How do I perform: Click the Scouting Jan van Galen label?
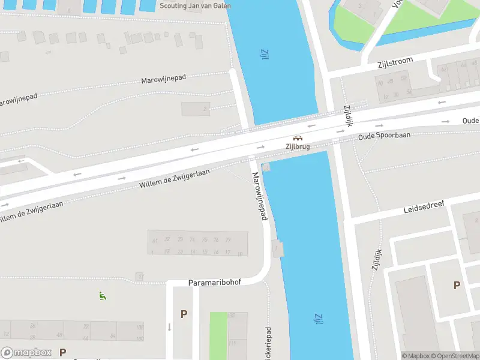[x=196, y=5]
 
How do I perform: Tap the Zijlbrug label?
[x=298, y=146]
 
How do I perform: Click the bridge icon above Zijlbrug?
[x=298, y=137]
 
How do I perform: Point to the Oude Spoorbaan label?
[x=385, y=136]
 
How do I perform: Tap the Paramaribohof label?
[x=214, y=282]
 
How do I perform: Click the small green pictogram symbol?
[x=102, y=295]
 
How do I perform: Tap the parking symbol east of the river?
[x=457, y=286]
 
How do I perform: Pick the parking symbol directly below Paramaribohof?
[x=184, y=314]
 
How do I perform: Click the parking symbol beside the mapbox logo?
[x=62, y=352]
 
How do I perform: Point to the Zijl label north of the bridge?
[x=263, y=55]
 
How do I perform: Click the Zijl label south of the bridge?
[x=316, y=319]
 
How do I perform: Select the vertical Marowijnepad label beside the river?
[x=259, y=196]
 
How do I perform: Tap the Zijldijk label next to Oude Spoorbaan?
[x=347, y=116]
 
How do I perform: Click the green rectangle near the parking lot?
[x=218, y=335]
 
